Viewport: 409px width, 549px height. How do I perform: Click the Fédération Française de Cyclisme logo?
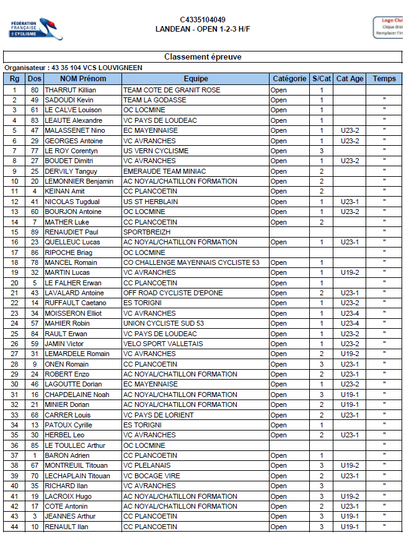36,28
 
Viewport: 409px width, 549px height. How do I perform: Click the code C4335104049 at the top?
203,20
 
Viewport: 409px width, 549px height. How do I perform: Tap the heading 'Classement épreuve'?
203,57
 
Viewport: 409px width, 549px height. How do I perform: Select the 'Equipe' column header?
196,79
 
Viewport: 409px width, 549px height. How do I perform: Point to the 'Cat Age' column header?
350,79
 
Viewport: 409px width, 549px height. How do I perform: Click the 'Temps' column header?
384,79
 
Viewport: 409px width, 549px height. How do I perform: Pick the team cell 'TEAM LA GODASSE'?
154,100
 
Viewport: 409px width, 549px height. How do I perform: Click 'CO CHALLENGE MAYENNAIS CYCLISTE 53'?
191,262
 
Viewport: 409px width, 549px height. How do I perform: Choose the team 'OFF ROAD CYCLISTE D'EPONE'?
172,293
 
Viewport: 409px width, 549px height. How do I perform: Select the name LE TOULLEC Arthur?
75,445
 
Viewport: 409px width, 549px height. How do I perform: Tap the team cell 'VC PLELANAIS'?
146,465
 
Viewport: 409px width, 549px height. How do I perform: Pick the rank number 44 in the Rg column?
14,527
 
